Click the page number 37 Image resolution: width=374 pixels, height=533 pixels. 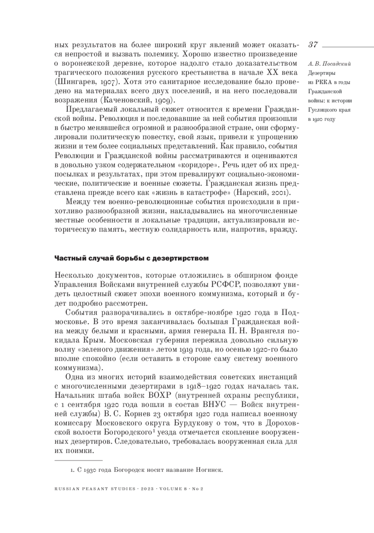(x=313, y=45)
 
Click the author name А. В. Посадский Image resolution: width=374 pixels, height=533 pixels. (x=329, y=64)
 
